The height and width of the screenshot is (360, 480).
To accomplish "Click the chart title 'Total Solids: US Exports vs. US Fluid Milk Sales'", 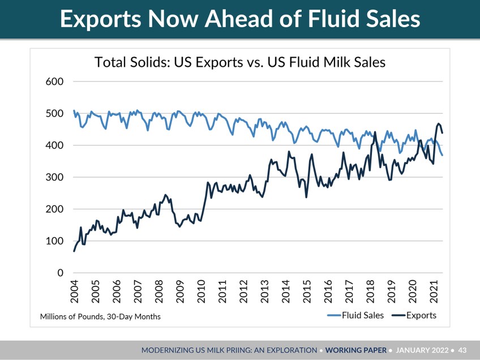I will [x=240, y=62].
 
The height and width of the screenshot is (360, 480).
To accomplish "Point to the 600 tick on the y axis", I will [x=54, y=82].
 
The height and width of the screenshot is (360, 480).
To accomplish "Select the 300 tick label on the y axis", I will [x=54, y=177].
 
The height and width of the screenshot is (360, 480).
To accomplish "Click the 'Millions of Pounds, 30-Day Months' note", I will [x=100, y=316].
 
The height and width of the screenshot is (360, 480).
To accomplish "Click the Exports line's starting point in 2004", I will [x=74, y=251].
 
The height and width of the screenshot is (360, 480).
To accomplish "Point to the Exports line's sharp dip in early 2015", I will [x=306, y=197].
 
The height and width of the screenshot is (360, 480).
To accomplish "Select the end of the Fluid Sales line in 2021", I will [x=442, y=155].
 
